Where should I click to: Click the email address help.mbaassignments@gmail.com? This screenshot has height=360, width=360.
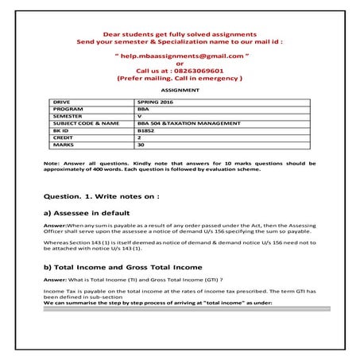coord(179,57)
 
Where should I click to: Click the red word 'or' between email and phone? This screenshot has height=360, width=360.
coord(179,64)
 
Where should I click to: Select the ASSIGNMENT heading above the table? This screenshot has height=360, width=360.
coord(179,91)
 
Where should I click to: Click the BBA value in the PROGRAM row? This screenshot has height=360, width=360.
coord(143,110)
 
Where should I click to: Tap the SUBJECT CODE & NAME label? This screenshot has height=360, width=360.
coord(86,123)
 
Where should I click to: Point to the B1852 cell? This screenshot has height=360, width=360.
coord(145,130)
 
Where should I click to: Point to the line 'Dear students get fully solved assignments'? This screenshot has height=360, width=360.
coord(179,34)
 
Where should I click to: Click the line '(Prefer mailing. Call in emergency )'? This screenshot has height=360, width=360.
coord(179,79)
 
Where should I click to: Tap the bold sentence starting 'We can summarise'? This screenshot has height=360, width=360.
coord(159,304)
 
